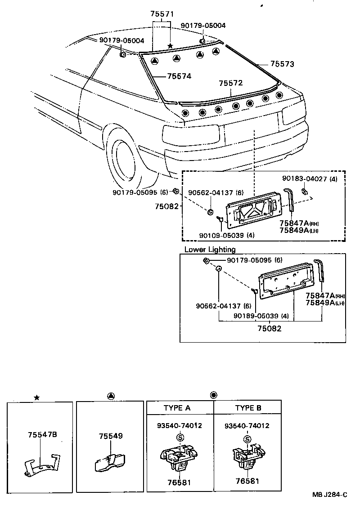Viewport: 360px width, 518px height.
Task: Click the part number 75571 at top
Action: tap(162, 14)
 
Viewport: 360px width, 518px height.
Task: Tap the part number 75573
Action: tap(282, 64)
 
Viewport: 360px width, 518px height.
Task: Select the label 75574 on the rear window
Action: tap(179, 76)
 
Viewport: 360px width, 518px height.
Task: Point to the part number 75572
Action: tap(231, 83)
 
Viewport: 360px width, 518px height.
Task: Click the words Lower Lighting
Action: tap(210, 250)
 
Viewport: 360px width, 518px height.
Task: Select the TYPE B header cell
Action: tap(248, 408)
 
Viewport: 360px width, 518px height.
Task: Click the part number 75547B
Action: tap(42, 435)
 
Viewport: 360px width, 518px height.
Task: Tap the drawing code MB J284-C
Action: tap(330, 495)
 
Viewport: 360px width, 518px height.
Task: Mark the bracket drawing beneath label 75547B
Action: tap(41, 464)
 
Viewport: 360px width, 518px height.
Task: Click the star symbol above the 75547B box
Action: tap(37, 397)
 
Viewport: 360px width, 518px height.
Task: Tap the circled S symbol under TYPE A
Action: tap(180, 438)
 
